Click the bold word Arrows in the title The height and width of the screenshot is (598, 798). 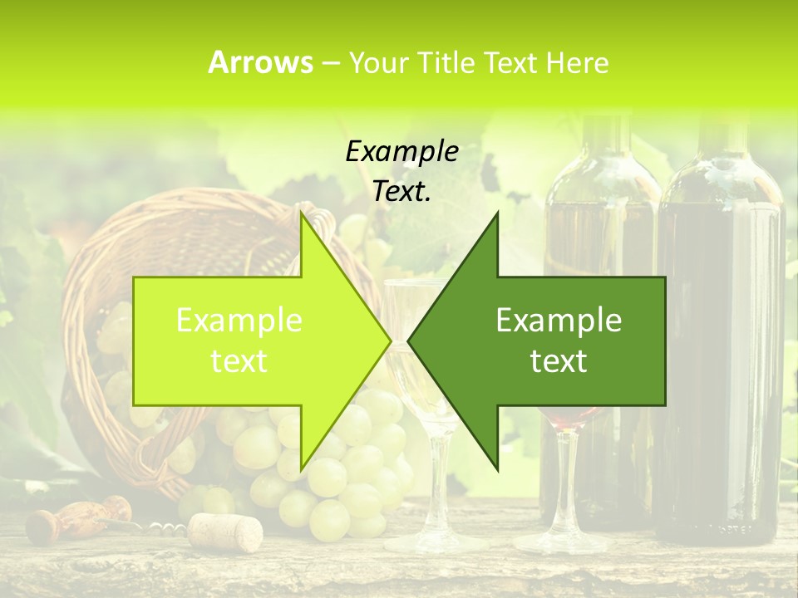tap(260, 62)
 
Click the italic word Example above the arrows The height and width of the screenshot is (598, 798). tap(401, 152)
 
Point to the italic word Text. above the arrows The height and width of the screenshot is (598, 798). tap(401, 192)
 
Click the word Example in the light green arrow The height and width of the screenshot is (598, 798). tap(239, 321)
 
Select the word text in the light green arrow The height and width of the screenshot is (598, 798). tap(239, 361)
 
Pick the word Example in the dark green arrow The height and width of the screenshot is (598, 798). tap(559, 321)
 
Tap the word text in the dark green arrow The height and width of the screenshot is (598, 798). tap(559, 361)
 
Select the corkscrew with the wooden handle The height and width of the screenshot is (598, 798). tap(66, 518)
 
